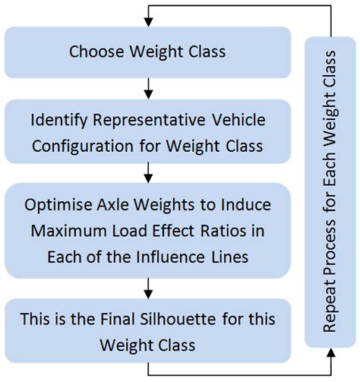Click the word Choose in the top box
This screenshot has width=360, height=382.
[93, 52]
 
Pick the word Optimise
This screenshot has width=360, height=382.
[55, 207]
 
